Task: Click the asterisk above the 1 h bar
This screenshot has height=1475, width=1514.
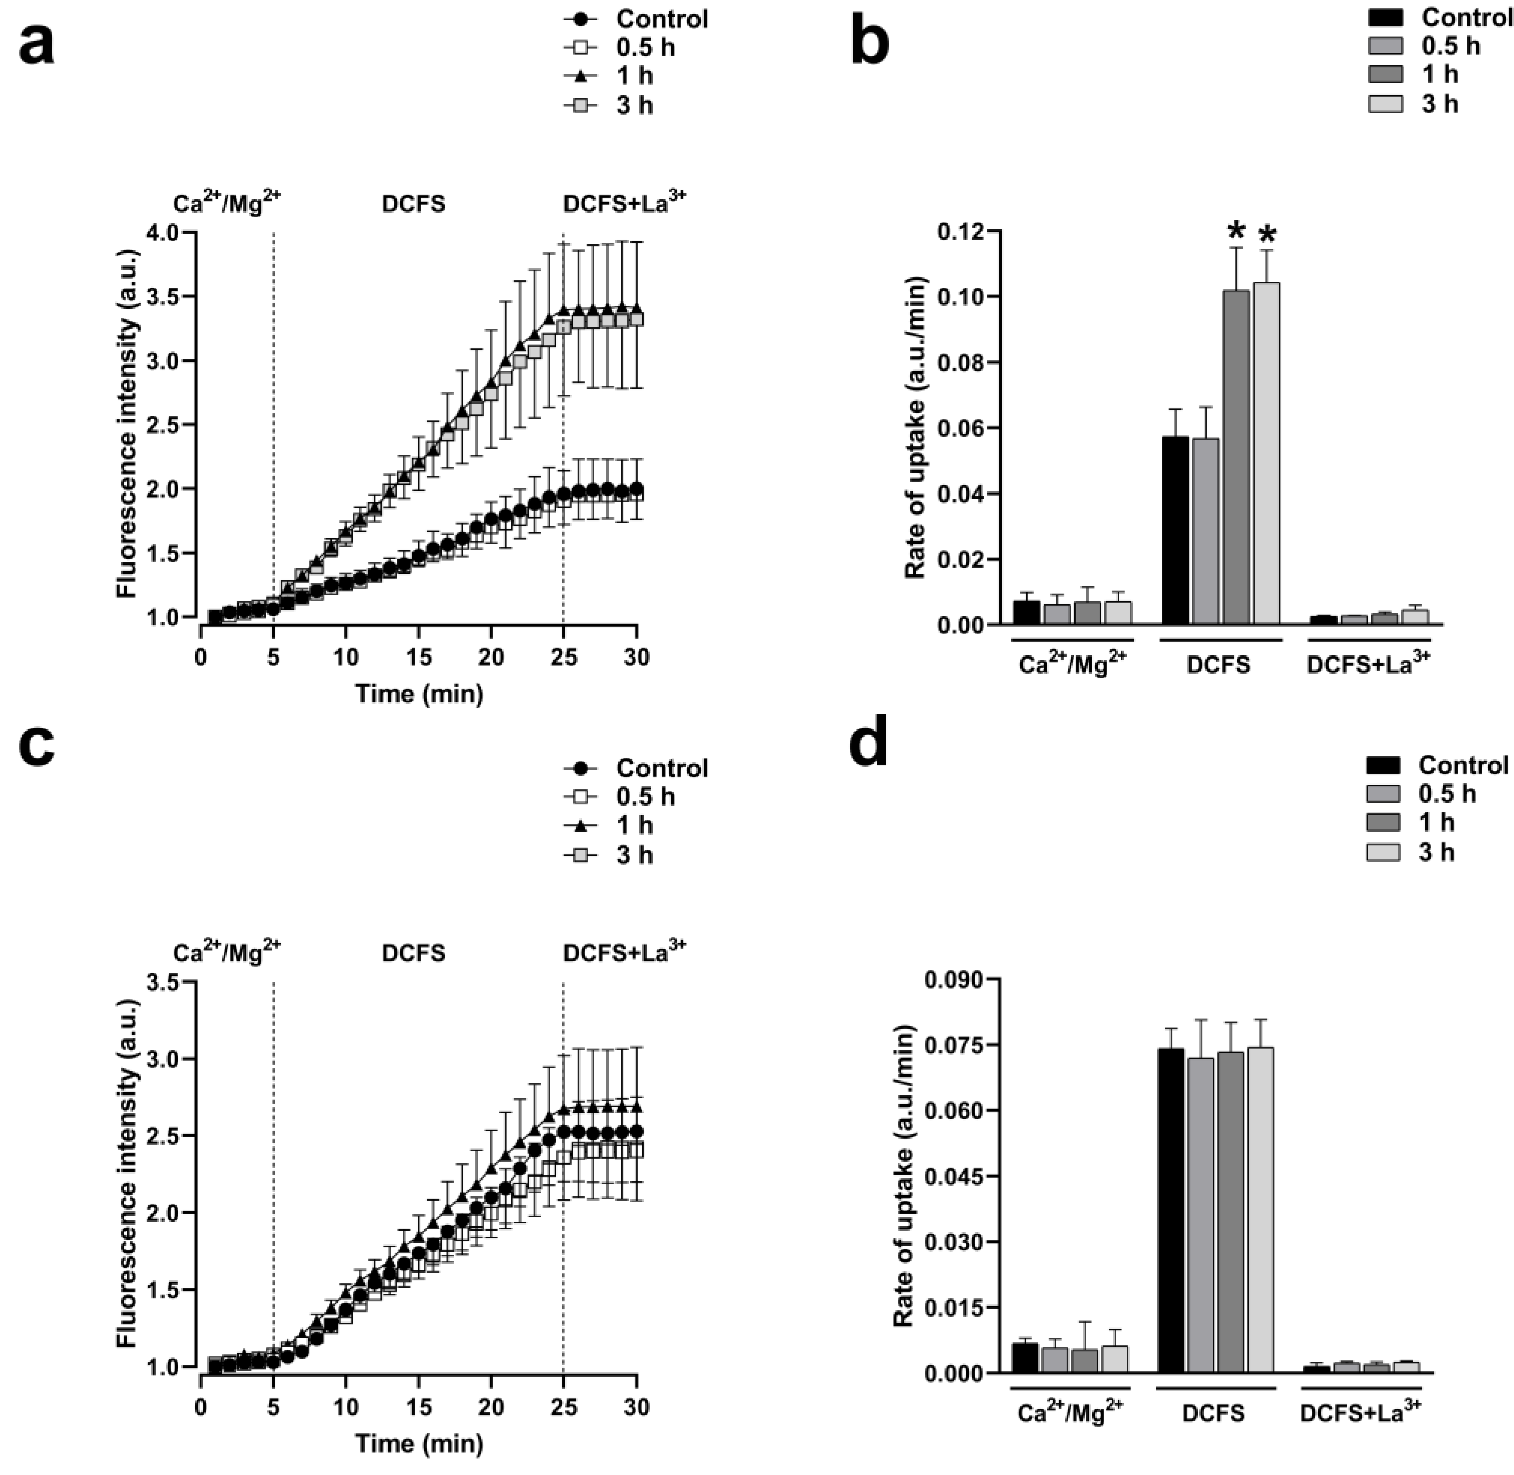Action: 1236,231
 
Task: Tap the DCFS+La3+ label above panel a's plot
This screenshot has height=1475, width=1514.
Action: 624,203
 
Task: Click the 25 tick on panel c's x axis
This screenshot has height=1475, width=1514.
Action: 563,1407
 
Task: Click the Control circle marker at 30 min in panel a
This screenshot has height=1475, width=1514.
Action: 637,489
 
